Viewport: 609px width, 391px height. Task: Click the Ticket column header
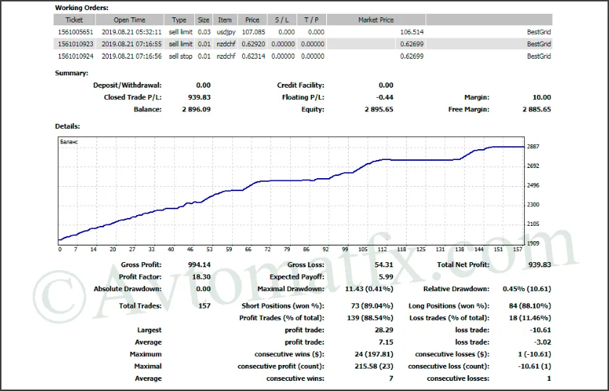point(74,20)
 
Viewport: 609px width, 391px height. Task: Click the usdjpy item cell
point(225,33)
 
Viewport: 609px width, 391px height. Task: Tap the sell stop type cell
point(181,56)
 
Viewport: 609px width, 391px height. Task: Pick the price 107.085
point(252,33)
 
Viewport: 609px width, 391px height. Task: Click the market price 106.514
point(412,33)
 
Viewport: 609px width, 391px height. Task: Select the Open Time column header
point(129,20)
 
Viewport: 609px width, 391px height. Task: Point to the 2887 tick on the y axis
point(533,146)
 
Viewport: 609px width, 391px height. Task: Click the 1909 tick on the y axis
point(533,243)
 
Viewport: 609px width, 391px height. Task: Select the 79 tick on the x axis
point(286,250)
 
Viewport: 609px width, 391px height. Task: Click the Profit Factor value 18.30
point(201,277)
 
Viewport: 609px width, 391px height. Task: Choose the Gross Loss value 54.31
point(381,265)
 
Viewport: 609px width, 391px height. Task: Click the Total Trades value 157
point(204,306)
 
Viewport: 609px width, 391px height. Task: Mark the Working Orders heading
point(82,8)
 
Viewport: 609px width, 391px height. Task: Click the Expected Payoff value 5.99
point(385,277)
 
